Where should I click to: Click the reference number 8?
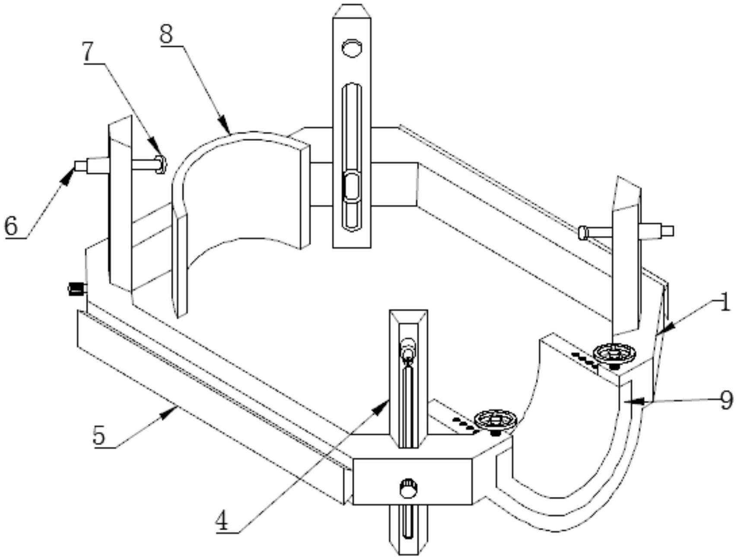166,34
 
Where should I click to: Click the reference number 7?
88,52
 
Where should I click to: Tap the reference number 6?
11,226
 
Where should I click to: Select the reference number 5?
99,435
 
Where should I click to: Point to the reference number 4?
222,520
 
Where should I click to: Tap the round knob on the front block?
408,488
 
